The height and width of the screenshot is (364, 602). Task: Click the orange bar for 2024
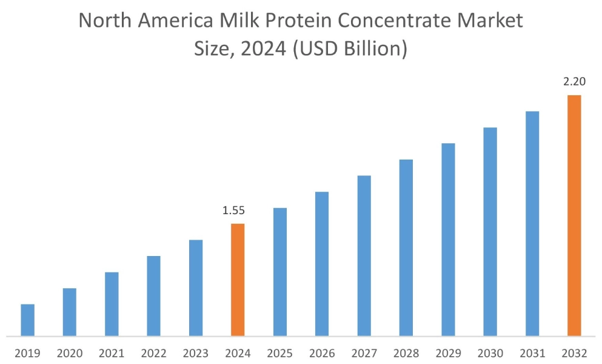pos(238,280)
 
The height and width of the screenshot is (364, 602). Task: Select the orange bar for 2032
pos(574,215)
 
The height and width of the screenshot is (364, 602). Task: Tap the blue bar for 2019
pos(28,320)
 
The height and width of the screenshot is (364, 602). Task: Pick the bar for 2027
pos(364,255)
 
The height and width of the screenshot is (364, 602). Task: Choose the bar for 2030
pos(490,231)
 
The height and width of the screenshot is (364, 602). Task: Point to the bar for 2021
pos(112,304)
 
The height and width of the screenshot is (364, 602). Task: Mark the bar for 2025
pos(279,272)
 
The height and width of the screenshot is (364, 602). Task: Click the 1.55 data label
pos(234,211)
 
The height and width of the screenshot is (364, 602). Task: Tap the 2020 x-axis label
pos(70,352)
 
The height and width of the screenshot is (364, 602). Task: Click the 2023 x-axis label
pos(196,352)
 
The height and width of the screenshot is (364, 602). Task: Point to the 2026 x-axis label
pos(322,352)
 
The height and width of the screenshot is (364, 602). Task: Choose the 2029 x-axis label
pos(448,352)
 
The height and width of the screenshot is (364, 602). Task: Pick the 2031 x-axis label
pos(532,352)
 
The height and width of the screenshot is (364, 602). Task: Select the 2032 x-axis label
pos(574,352)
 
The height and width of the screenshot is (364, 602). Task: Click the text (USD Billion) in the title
pos(349,49)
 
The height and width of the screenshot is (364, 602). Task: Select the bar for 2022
pos(153,296)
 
